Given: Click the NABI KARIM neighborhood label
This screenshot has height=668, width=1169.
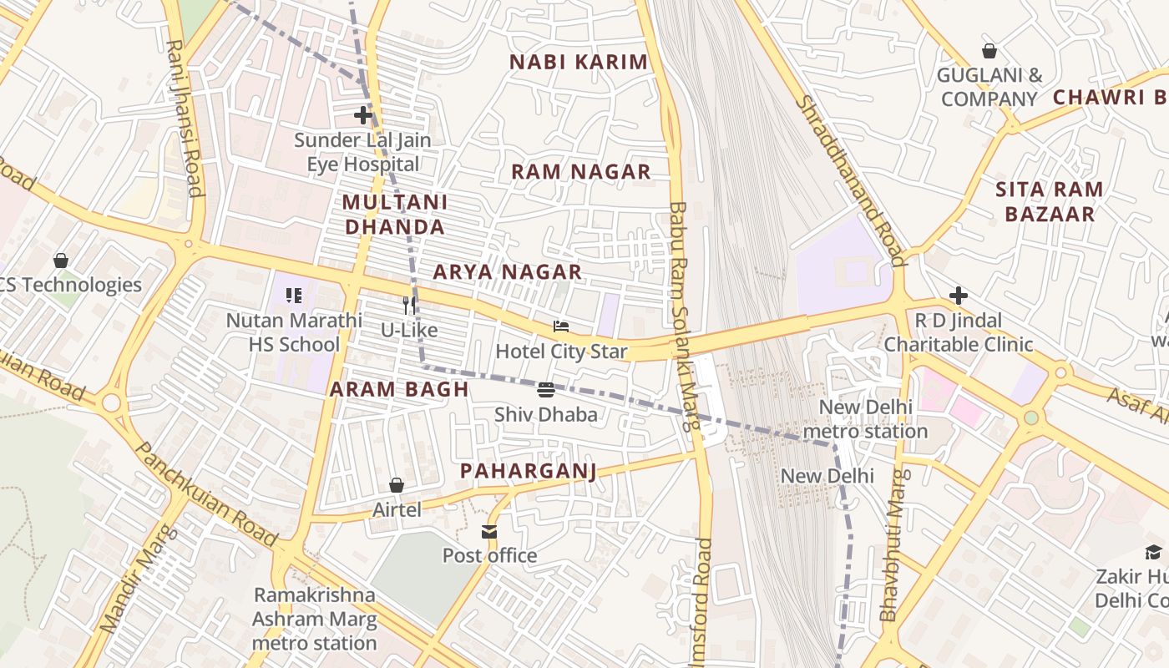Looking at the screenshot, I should tap(579, 62).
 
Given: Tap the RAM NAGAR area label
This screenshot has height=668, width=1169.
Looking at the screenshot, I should tap(580, 172).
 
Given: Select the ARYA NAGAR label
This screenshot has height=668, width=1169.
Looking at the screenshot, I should tap(507, 272).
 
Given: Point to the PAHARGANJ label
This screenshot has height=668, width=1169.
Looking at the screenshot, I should tap(529, 472).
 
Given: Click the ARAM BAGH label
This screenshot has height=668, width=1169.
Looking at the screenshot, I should tap(398, 390).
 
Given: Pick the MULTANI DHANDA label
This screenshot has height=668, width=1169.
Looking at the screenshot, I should tap(394, 215).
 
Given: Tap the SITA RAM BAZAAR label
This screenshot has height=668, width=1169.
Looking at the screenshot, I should tap(1050, 202).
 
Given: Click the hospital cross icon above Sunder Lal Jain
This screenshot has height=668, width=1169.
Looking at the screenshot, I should tap(362, 115).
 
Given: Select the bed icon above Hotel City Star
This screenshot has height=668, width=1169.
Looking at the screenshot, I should tap(561, 326).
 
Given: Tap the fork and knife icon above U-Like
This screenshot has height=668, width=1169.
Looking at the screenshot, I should tap(409, 306).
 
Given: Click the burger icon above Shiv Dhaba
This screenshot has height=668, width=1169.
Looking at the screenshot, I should tap(546, 390).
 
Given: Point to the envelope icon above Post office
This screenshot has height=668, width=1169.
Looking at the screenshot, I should tap(489, 531).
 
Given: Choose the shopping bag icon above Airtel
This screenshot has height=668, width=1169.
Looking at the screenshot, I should tap(397, 485).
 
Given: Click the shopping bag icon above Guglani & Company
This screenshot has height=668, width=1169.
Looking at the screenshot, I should tap(989, 51).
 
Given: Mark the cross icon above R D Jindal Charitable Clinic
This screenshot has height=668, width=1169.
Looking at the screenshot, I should tap(959, 296).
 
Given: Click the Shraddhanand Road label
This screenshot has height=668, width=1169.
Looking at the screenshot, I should tap(851, 180).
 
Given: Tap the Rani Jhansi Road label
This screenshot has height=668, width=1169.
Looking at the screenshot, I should tap(185, 118).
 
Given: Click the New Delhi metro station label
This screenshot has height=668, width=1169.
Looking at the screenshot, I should tap(865, 419).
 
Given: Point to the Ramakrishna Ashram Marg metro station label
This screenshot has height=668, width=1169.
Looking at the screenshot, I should tap(315, 620).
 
